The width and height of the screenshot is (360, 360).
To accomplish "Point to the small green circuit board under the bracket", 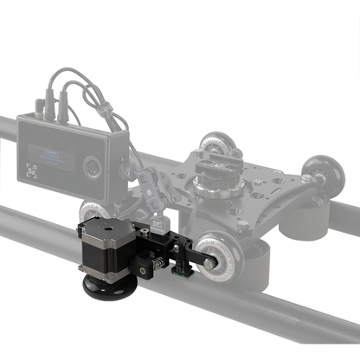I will click(x=184, y=275).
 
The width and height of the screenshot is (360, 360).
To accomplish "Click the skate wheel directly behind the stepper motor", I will click(x=93, y=211).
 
